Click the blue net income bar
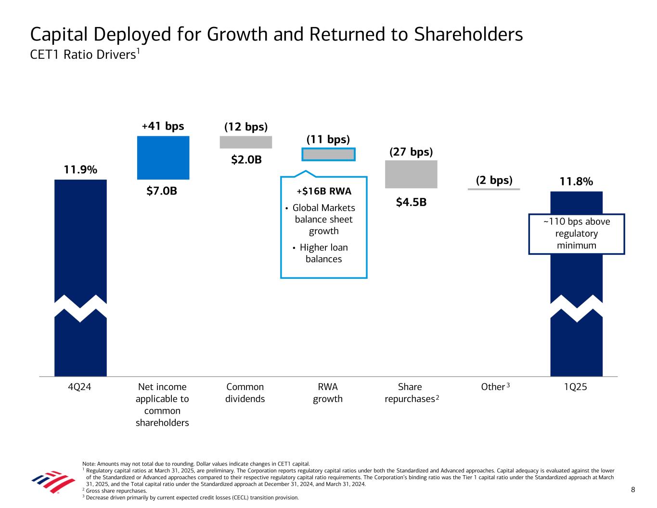click(163, 157)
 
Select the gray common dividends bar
click(245, 142)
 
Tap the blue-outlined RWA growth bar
click(328, 154)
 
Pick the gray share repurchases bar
click(411, 174)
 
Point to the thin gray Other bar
click(494, 189)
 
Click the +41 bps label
click(163, 126)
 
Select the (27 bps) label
click(411, 152)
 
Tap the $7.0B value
click(162, 191)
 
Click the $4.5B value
click(411, 202)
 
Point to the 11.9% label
click(80, 169)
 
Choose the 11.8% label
click(576, 182)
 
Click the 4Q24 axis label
click(80, 387)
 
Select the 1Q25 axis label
click(576, 387)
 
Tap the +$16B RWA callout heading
click(324, 191)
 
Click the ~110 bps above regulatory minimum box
click(576, 234)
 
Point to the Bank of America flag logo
click(53, 482)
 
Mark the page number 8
click(633, 490)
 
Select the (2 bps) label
click(494, 180)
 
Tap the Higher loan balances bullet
click(323, 253)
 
